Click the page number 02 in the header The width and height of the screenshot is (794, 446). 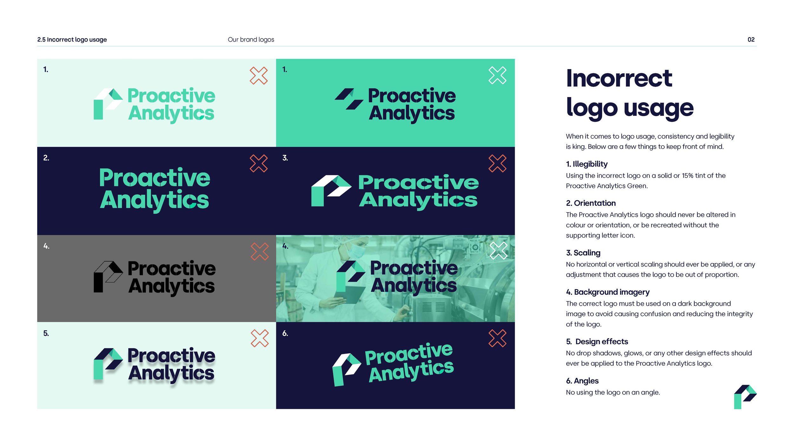(751, 40)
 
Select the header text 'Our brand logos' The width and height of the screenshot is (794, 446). (251, 40)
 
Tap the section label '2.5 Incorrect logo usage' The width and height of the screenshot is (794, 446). (72, 40)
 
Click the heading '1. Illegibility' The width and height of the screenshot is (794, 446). (586, 164)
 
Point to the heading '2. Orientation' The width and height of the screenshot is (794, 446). (590, 203)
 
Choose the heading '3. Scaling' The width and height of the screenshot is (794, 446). (583, 253)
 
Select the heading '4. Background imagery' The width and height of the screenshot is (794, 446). (607, 292)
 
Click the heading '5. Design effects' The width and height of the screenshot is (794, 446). (597, 341)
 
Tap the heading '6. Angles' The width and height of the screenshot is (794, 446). (582, 381)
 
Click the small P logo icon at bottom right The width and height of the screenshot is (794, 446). (745, 397)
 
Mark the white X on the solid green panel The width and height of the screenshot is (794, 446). (497, 75)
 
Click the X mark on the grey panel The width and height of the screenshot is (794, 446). (259, 252)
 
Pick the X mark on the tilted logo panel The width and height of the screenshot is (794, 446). (497, 338)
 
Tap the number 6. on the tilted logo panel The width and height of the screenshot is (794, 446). (285, 333)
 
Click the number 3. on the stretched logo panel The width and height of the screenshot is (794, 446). (285, 158)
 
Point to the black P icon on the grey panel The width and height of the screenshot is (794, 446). (107, 276)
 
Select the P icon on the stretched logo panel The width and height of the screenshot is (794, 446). (330, 190)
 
